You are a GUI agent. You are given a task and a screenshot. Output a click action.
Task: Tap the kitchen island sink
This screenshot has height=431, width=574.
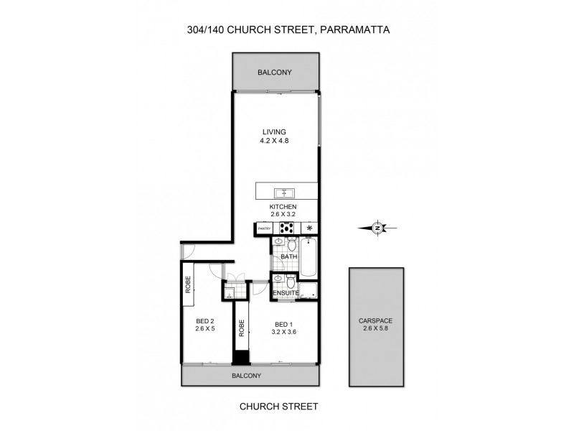pos(284,193)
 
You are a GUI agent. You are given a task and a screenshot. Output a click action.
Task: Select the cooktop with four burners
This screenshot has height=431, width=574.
pos(286,228)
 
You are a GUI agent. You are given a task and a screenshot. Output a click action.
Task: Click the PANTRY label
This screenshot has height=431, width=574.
pos(263,228)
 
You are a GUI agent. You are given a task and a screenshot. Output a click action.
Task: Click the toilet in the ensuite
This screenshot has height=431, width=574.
pos(289,281)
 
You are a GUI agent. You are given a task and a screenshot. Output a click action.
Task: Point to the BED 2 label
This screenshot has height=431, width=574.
pos(205,322)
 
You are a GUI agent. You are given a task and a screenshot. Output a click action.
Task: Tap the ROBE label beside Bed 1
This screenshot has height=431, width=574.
pos(242,328)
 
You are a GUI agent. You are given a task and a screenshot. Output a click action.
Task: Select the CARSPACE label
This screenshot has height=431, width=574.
pos(376,321)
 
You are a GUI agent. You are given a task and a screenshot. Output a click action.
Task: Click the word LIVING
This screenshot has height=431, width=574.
pos(274,131)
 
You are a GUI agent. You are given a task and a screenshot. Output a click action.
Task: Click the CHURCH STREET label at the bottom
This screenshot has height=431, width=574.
pos(279,406)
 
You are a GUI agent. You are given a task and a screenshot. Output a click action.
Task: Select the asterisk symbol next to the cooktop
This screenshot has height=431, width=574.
pos(310,228)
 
